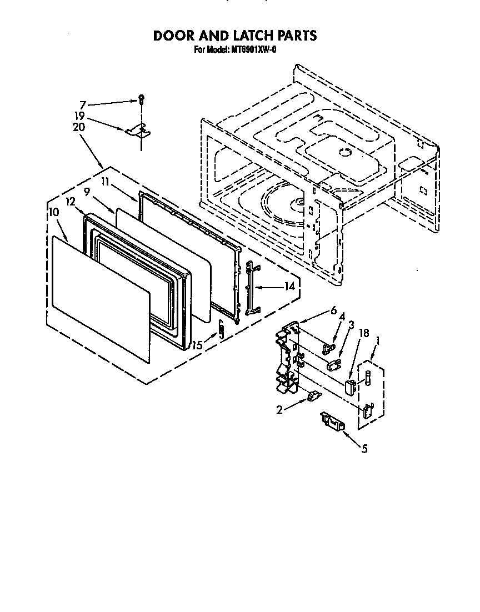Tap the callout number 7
tap(82, 105)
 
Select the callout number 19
tap(79, 116)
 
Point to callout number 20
tap(79, 127)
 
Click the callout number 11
tap(106, 182)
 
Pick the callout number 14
tap(289, 287)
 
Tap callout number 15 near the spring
tap(198, 345)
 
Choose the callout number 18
tap(364, 333)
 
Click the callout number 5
tap(364, 449)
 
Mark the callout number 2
tap(279, 410)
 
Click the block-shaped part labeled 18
tap(349, 388)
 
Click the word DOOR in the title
tap(173, 36)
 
